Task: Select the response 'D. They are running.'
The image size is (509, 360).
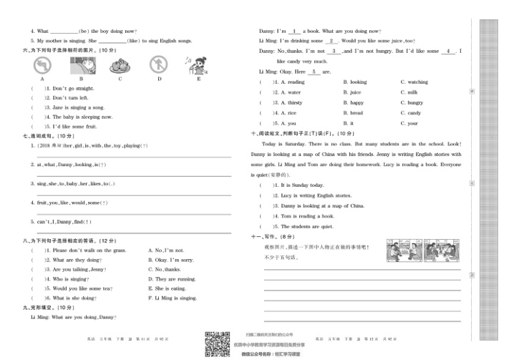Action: (x=171, y=278)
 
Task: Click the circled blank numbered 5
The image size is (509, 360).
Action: (x=314, y=72)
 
